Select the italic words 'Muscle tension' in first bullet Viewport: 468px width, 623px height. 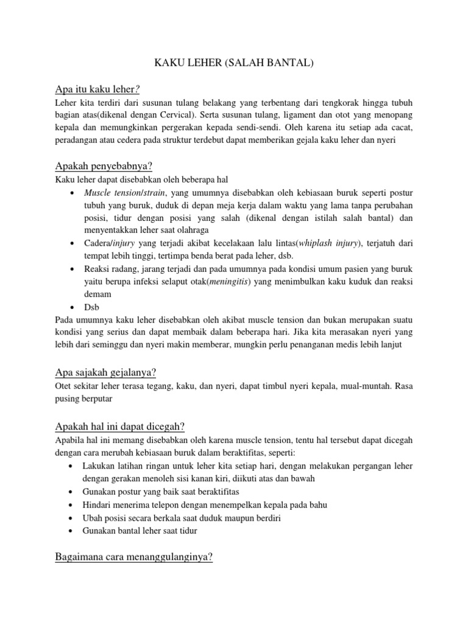coord(110,192)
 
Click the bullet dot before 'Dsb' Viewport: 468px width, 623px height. coord(73,307)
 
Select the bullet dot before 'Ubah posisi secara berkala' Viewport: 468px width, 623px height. coord(73,518)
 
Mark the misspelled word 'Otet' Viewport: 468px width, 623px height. coord(64,386)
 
